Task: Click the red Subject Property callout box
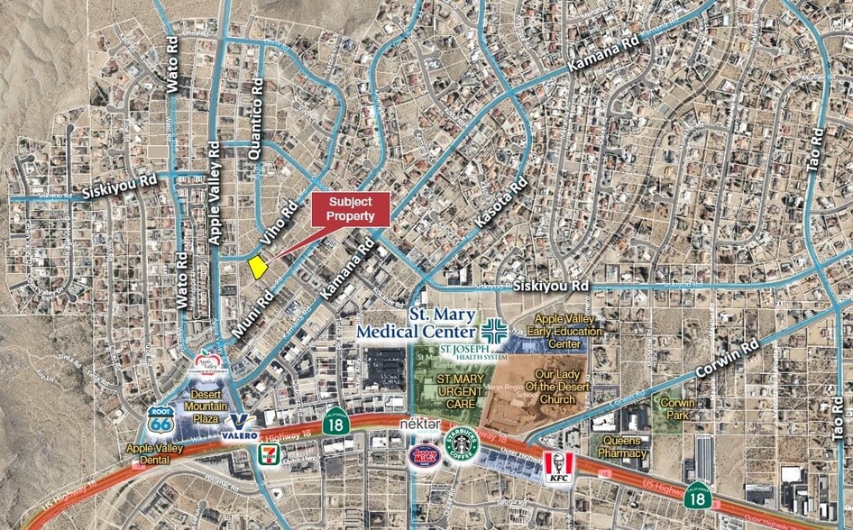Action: pyautogui.click(x=351, y=209)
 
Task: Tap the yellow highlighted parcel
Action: pyautogui.click(x=258, y=266)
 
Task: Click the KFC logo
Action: pyautogui.click(x=559, y=466)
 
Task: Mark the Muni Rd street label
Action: pyautogui.click(x=251, y=311)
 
